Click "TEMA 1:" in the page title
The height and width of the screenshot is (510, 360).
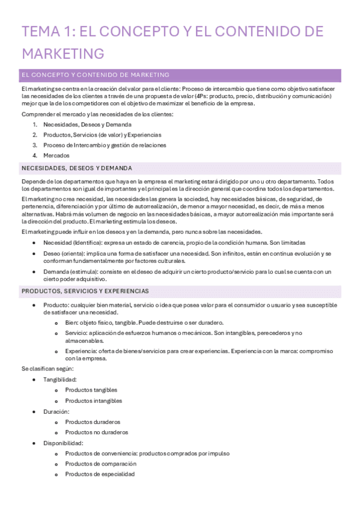[x=48, y=31]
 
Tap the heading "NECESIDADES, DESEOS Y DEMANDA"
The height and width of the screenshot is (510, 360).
[x=76, y=168]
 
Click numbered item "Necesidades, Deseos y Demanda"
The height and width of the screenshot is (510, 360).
[x=87, y=124]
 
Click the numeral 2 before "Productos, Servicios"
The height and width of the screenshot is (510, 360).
[x=35, y=135]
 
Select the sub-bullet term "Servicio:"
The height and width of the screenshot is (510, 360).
[x=76, y=333]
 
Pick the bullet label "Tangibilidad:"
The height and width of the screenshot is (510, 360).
[x=60, y=379]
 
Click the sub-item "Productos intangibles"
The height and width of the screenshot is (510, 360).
[x=94, y=401]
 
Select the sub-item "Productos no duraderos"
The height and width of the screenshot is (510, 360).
[x=96, y=432]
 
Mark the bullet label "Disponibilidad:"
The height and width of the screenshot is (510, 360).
[x=63, y=443]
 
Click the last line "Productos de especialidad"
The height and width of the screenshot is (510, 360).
[x=100, y=474]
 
